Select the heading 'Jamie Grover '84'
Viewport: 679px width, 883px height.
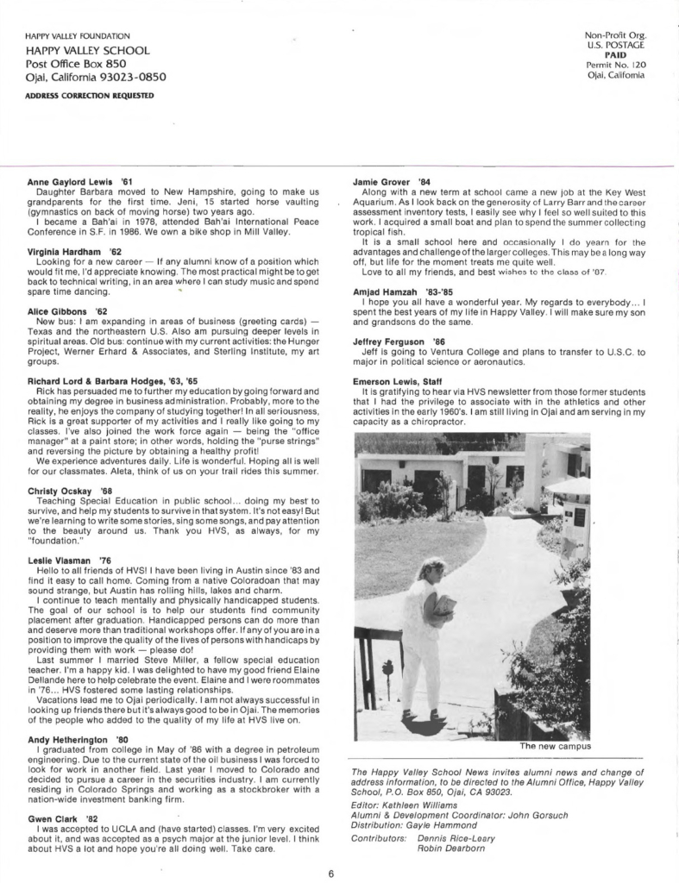(x=392, y=182)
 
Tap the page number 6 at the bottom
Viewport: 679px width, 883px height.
(x=331, y=873)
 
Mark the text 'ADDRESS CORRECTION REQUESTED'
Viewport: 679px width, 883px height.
(x=78, y=94)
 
